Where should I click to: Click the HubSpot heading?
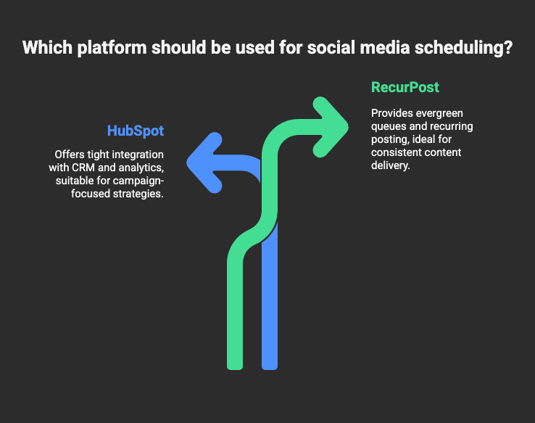pos(135,131)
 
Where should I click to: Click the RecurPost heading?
pos(405,88)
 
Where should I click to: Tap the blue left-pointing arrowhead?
pos(204,162)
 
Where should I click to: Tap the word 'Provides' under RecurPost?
pos(391,113)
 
